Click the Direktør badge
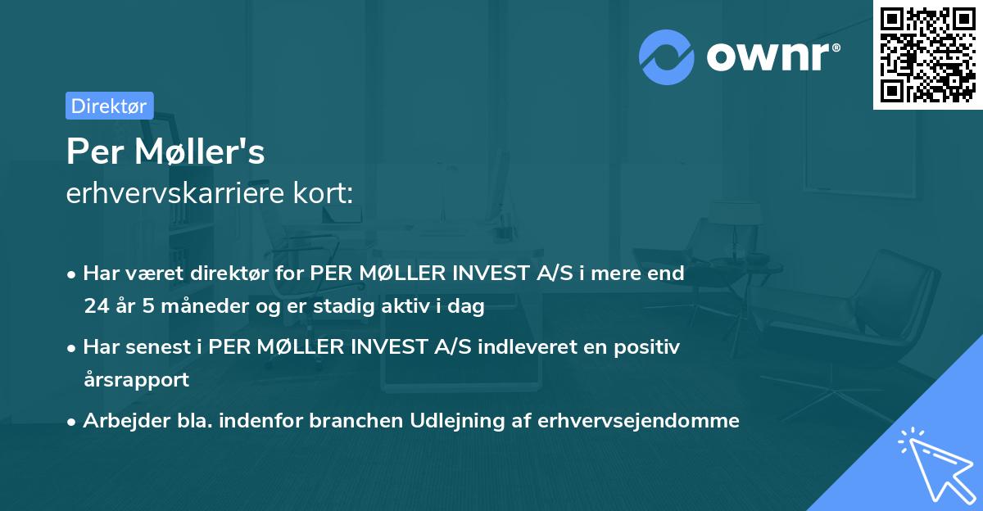(x=109, y=106)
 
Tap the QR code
(x=927, y=54)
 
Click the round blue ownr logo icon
(x=667, y=57)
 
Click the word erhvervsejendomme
(x=639, y=421)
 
